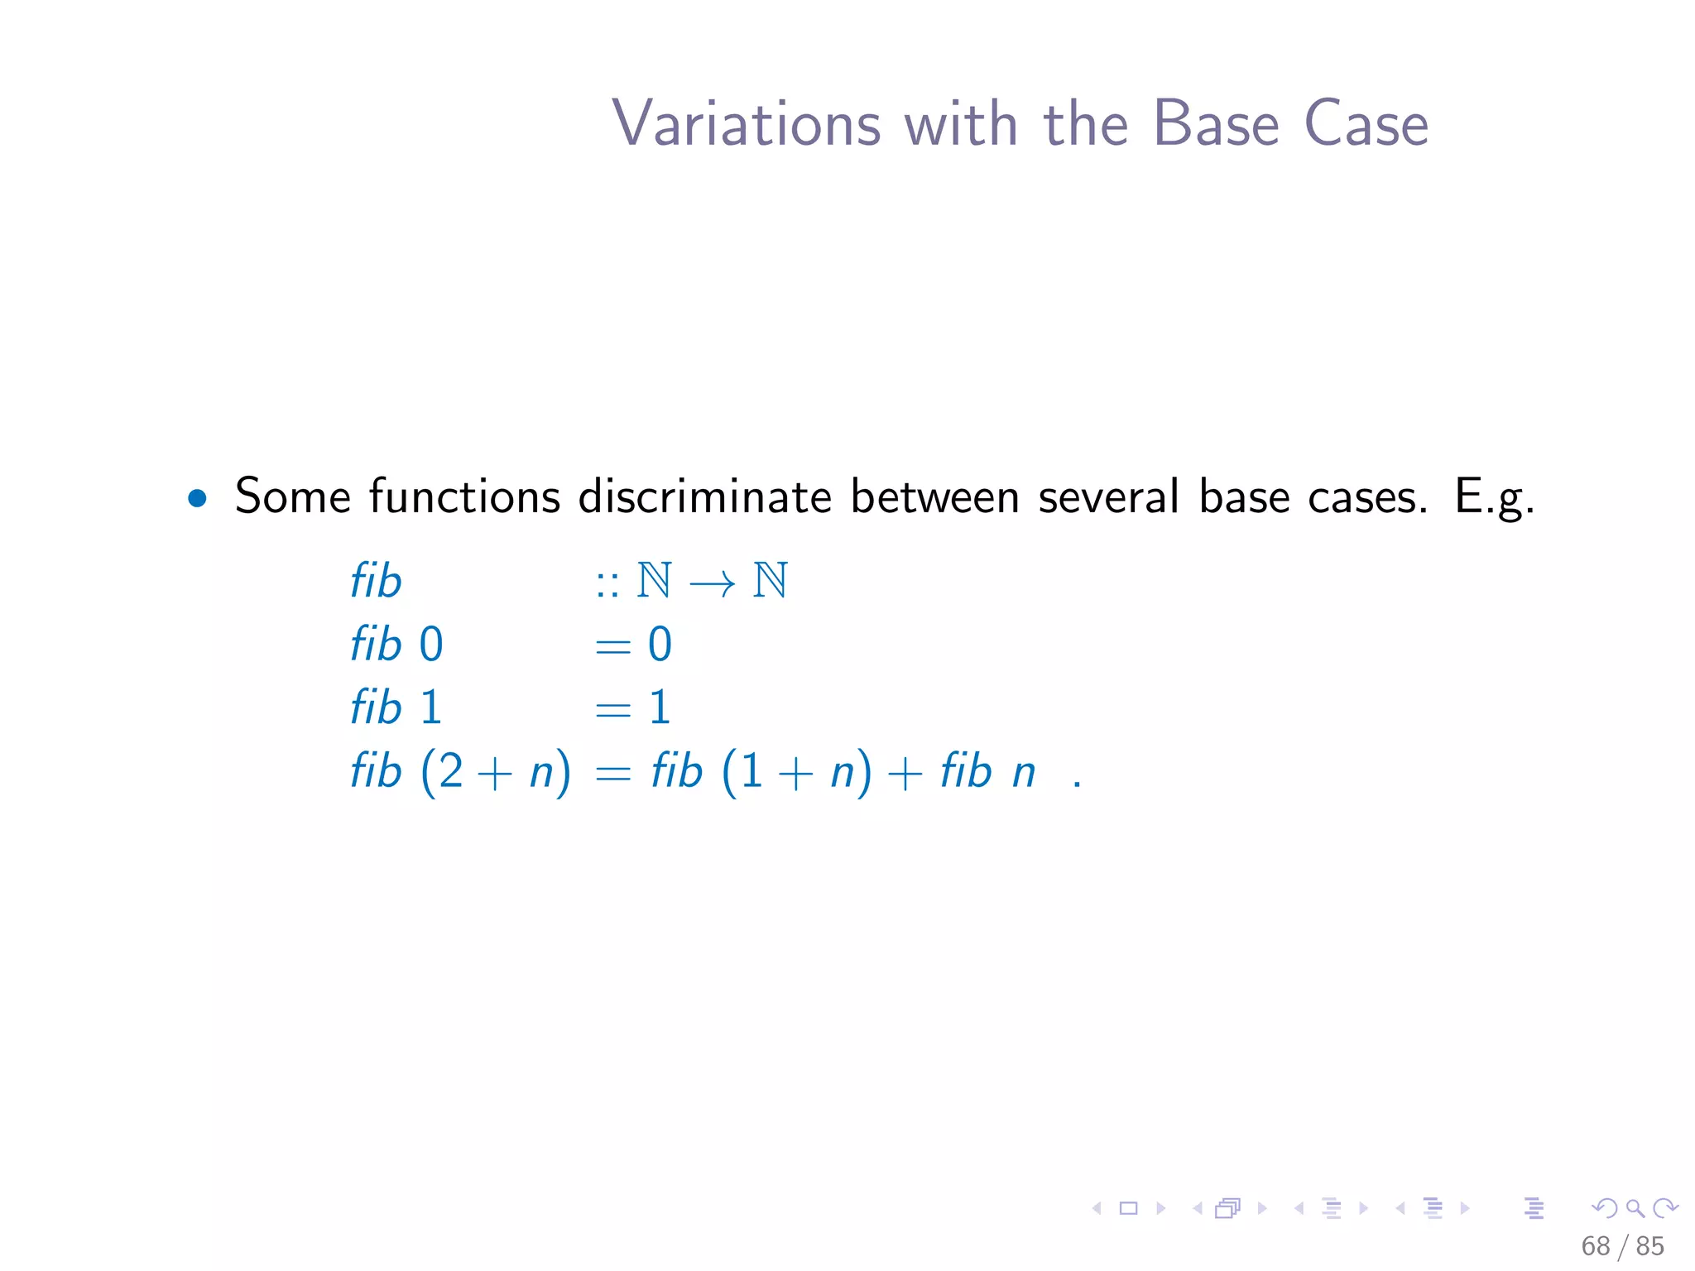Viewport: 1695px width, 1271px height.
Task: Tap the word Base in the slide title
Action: coord(1216,124)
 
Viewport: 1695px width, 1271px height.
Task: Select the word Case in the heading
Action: coord(1366,124)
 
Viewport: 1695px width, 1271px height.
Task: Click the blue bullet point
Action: coord(197,498)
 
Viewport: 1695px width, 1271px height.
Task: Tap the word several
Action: coord(1108,498)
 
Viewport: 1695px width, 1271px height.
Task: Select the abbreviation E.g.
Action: coord(1495,498)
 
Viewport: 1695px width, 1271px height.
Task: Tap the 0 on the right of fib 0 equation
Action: coord(660,645)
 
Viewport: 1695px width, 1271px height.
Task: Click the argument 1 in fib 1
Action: coord(430,708)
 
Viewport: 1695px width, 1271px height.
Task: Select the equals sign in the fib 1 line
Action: coord(613,710)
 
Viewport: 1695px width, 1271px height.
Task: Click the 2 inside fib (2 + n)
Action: coord(451,772)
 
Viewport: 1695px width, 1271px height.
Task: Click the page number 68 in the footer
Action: coord(1595,1246)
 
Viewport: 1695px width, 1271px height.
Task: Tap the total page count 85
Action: coord(1650,1246)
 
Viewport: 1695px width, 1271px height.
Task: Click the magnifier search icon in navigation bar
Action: coord(1635,1209)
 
